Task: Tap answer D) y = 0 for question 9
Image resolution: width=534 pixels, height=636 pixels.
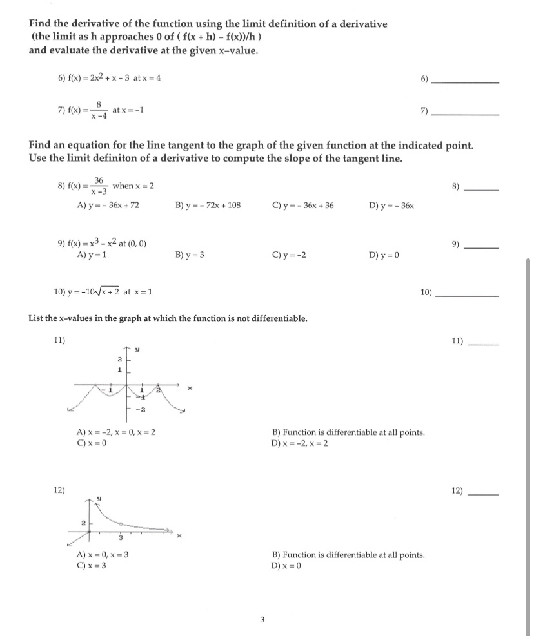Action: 385,255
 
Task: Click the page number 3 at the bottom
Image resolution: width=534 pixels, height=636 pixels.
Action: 262,621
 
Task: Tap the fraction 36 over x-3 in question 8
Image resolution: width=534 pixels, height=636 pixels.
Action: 99,186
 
